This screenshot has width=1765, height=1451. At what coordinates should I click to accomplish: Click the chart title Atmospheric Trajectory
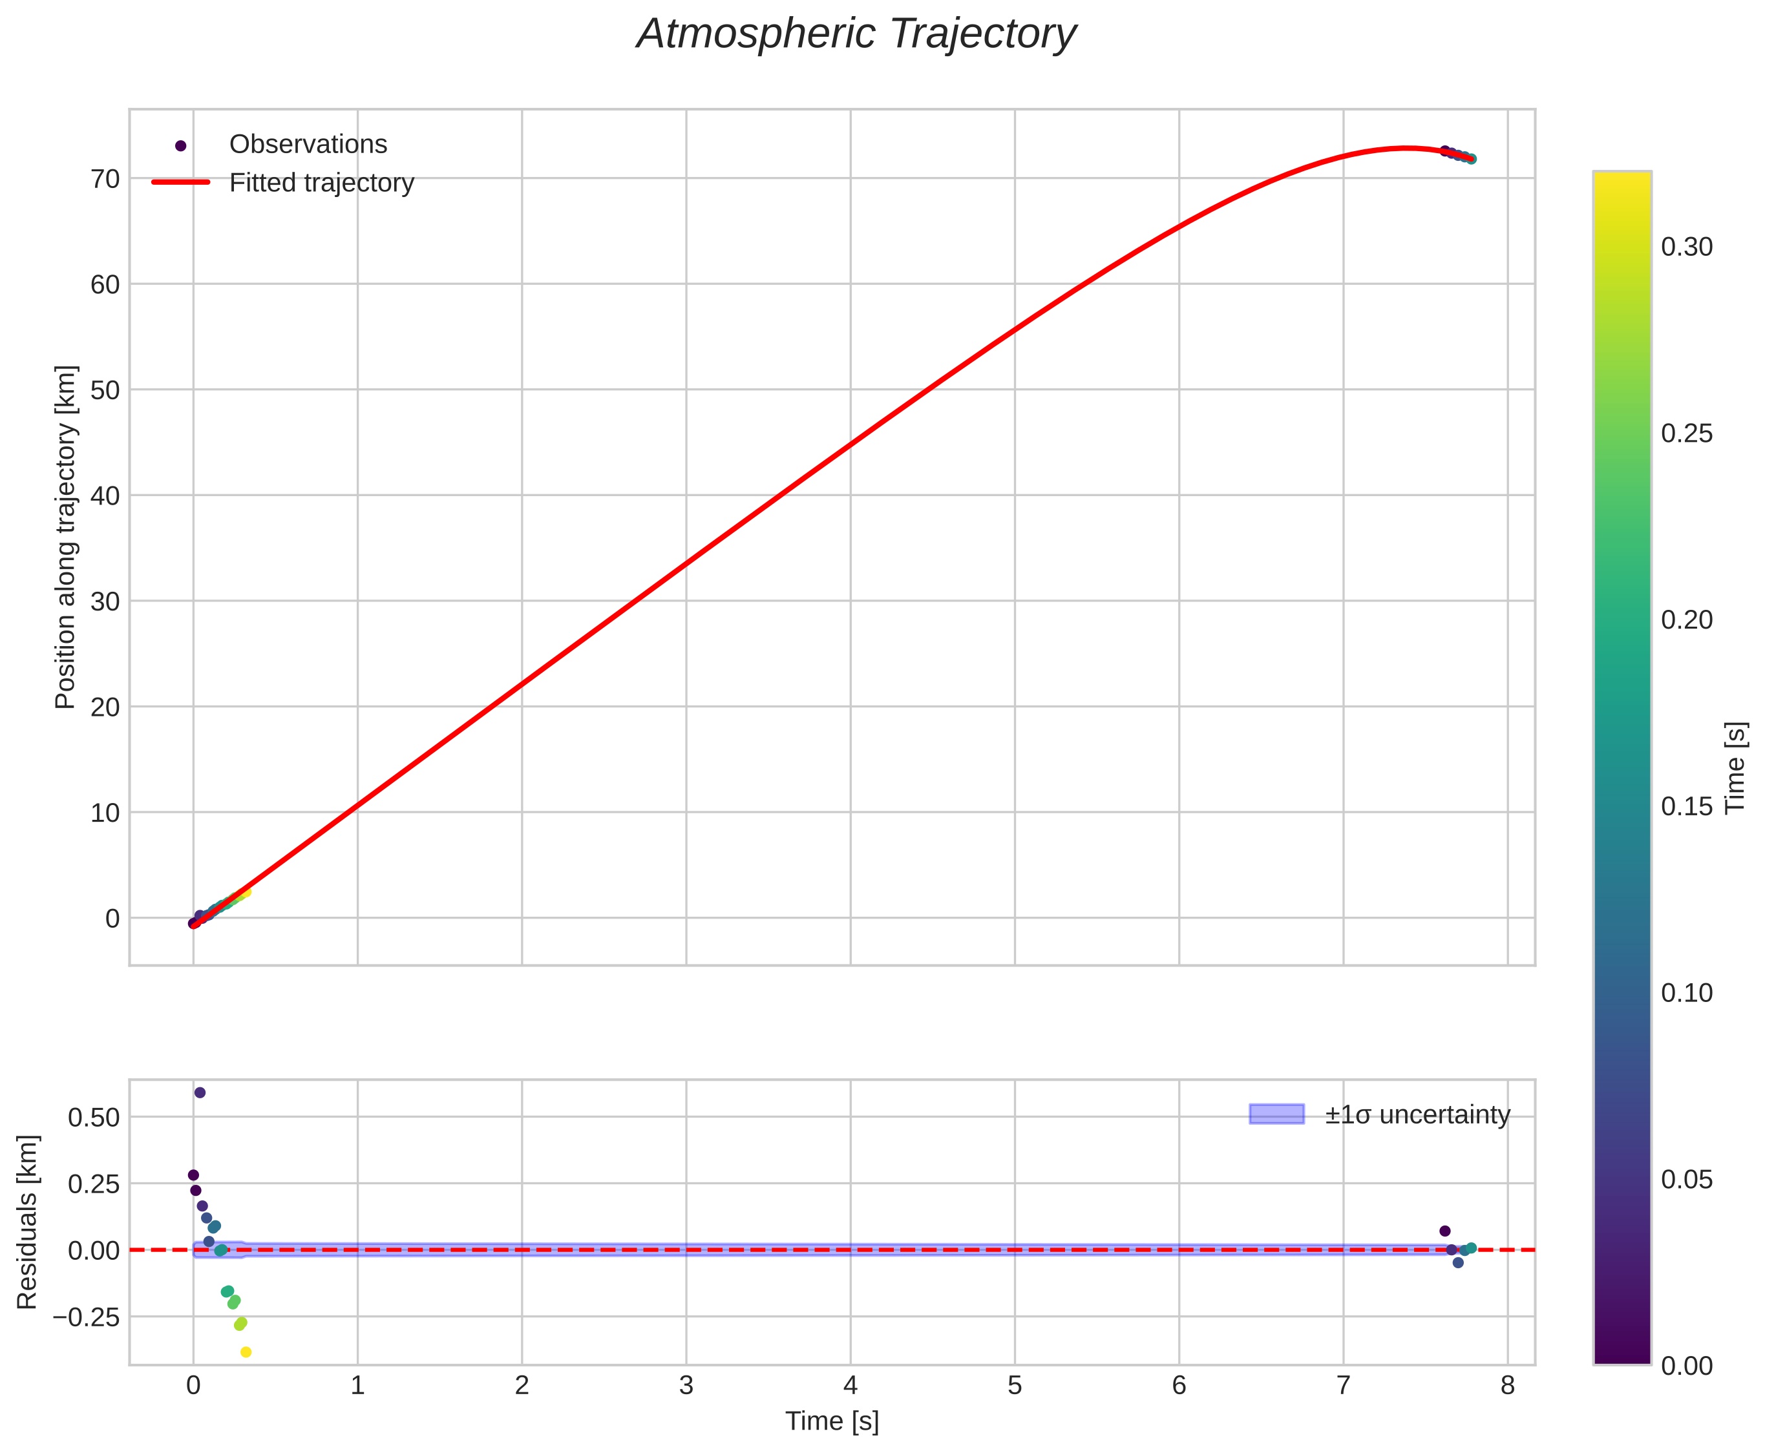point(856,35)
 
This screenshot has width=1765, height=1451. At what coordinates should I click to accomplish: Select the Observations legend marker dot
point(180,145)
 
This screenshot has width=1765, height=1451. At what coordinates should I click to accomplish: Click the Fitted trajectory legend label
point(321,183)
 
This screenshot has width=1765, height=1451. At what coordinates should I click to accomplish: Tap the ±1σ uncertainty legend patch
point(1276,1114)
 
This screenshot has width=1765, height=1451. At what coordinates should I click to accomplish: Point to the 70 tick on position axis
point(105,179)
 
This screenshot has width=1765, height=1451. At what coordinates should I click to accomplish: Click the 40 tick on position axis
point(105,496)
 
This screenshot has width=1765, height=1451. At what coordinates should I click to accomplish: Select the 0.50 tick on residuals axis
point(94,1118)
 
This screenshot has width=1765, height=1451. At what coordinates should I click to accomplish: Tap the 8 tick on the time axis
point(1508,1386)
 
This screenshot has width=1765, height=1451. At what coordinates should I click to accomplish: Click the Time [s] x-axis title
point(832,1422)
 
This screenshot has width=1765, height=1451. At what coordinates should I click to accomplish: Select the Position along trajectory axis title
point(66,537)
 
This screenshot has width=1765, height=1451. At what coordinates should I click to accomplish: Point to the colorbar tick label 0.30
point(1686,247)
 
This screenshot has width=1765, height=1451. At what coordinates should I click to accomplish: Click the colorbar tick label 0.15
point(1686,806)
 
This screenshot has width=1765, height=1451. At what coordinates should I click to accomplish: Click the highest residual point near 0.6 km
point(200,1092)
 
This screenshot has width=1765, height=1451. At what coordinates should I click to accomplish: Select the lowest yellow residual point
point(246,1352)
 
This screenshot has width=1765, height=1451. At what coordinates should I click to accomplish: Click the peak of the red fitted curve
point(1406,148)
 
